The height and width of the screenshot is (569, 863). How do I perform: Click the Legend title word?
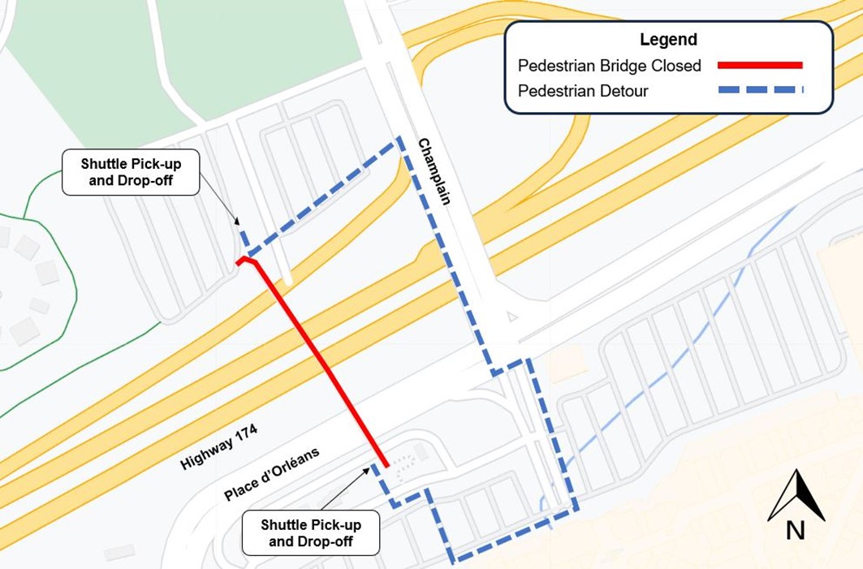tap(668, 39)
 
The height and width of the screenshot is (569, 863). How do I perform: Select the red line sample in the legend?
tap(760, 65)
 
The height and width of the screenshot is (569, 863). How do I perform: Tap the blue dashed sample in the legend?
tap(760, 90)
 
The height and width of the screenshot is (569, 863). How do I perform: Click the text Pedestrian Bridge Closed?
tap(609, 66)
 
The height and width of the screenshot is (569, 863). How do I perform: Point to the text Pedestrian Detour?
tap(583, 91)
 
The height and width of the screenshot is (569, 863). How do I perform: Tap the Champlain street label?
tap(434, 171)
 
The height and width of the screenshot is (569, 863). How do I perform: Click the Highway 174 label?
tap(219, 447)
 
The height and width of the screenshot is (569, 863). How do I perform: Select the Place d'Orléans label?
tap(272, 474)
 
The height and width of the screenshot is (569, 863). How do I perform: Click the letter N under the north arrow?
tap(795, 530)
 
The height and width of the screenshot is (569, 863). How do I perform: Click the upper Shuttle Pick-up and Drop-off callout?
tap(130, 172)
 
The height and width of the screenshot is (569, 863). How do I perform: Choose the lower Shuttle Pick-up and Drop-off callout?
tap(311, 532)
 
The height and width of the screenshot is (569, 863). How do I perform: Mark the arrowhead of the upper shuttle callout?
tap(237, 222)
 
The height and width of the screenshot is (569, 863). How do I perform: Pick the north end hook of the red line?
tap(245, 261)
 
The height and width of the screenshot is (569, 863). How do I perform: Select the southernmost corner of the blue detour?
tap(455, 560)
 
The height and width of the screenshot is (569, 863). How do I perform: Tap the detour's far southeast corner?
tap(576, 509)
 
